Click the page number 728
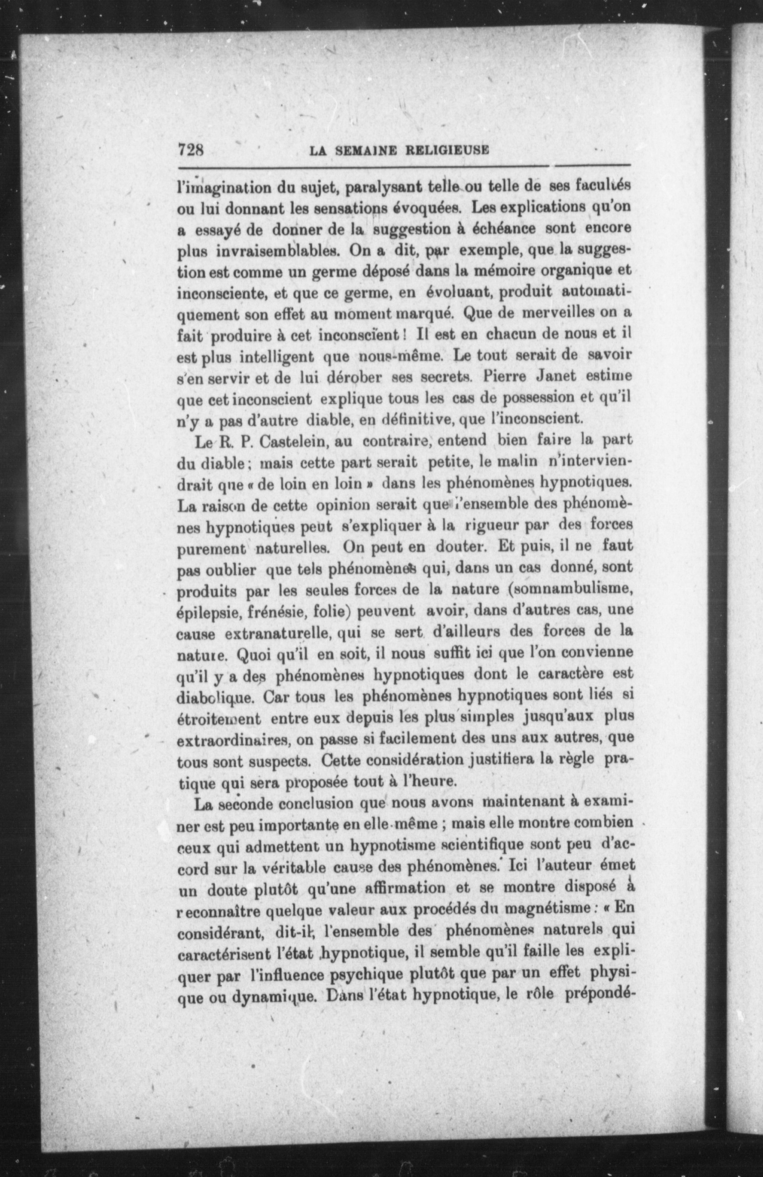click(x=191, y=149)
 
